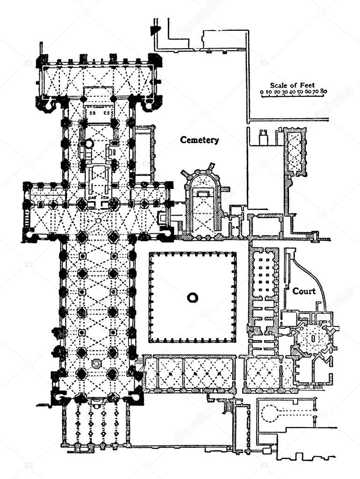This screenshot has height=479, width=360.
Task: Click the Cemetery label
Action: pyautogui.click(x=199, y=140)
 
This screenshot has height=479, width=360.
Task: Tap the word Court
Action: pyautogui.click(x=304, y=291)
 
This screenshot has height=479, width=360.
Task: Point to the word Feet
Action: pyautogui.click(x=308, y=85)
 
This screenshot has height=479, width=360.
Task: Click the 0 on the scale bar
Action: pyautogui.click(x=262, y=91)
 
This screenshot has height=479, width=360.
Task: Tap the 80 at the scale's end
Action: pyautogui.click(x=324, y=91)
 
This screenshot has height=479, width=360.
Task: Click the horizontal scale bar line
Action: pyautogui.click(x=293, y=96)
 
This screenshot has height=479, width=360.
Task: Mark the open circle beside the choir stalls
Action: pyautogui.click(x=88, y=143)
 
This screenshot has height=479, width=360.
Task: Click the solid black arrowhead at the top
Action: pyautogui.click(x=156, y=30)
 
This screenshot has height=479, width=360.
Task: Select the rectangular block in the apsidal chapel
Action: pyautogui.click(x=203, y=194)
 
